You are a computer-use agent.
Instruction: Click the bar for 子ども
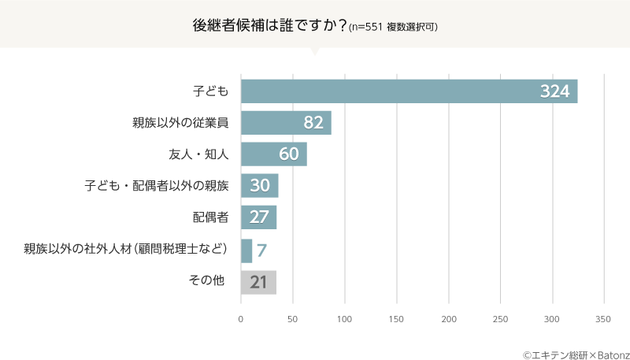click(409, 91)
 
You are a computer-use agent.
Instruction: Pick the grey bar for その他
click(258, 282)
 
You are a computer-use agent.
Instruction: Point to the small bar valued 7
click(246, 251)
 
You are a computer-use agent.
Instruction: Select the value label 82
click(313, 123)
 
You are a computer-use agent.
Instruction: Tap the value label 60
click(288, 154)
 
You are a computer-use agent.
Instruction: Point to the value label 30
click(260, 187)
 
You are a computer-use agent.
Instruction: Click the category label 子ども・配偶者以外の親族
click(156, 187)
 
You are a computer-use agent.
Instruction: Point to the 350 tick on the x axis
click(603, 319)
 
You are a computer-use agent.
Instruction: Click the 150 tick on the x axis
click(396, 319)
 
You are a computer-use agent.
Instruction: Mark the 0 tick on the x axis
click(241, 319)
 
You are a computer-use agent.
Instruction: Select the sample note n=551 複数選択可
click(393, 26)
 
